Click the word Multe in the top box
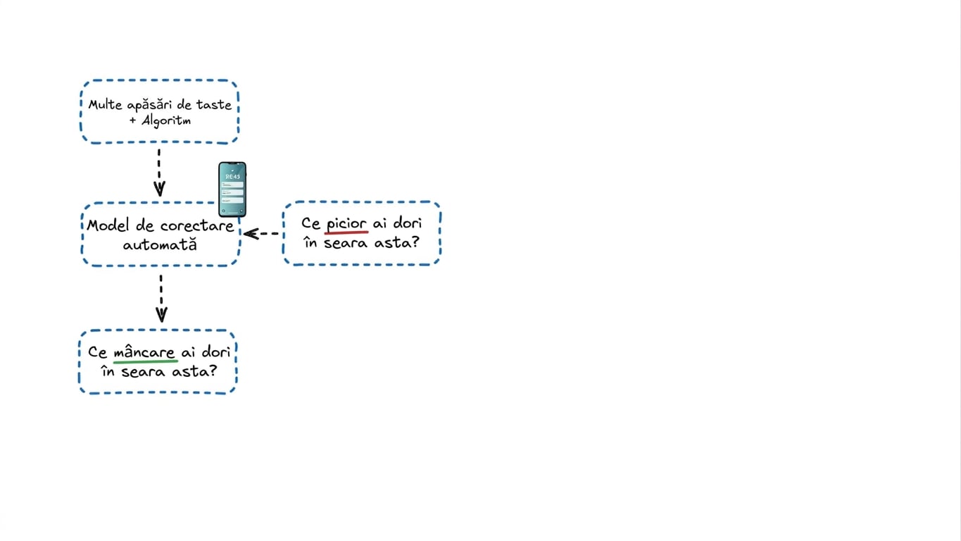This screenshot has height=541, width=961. (x=105, y=105)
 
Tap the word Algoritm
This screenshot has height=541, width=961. (x=166, y=121)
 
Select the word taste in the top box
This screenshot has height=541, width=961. (x=213, y=105)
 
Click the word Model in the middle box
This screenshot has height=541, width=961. (x=108, y=225)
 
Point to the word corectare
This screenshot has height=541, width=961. (x=197, y=226)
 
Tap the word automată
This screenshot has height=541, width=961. (x=160, y=244)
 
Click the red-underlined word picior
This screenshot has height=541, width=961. (x=346, y=224)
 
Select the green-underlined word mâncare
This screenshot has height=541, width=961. (x=144, y=352)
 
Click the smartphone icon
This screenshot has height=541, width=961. (x=232, y=189)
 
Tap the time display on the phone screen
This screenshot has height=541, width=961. (x=232, y=177)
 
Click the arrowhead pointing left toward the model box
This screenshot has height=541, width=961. (x=251, y=234)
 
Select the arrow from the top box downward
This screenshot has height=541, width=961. (x=159, y=173)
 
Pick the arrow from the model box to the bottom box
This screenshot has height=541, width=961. (x=161, y=299)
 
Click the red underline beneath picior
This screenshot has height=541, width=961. (x=346, y=232)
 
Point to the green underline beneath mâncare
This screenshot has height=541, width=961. (x=146, y=362)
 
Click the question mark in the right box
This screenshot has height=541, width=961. (x=415, y=242)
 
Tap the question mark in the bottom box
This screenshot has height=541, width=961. (x=213, y=371)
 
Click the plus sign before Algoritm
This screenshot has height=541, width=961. (x=133, y=120)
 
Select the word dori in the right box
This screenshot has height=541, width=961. (x=408, y=223)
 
